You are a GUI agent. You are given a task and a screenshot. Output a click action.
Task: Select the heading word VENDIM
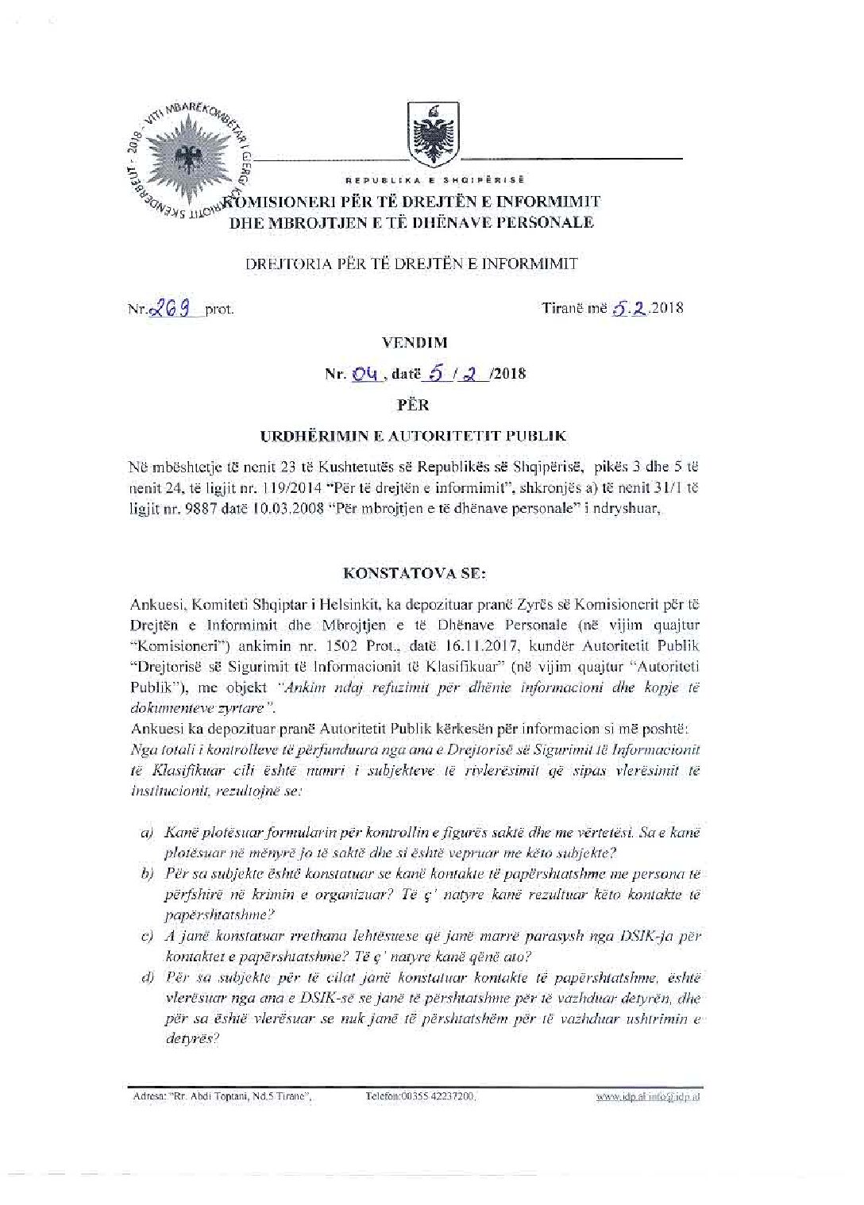pos(426,343)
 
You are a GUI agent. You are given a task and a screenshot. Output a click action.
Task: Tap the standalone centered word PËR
pos(413,405)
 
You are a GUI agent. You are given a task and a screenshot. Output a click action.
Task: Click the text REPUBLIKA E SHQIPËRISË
pos(435,180)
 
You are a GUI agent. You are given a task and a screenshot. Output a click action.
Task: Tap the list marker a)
pos(147,833)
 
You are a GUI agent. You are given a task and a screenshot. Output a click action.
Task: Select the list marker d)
pos(147,977)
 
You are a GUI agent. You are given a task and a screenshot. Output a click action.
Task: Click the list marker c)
pos(147,936)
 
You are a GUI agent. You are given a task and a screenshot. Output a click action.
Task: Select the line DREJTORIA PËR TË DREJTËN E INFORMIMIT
pos(411,264)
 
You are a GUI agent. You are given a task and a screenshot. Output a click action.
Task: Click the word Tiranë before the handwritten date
pos(562,308)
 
